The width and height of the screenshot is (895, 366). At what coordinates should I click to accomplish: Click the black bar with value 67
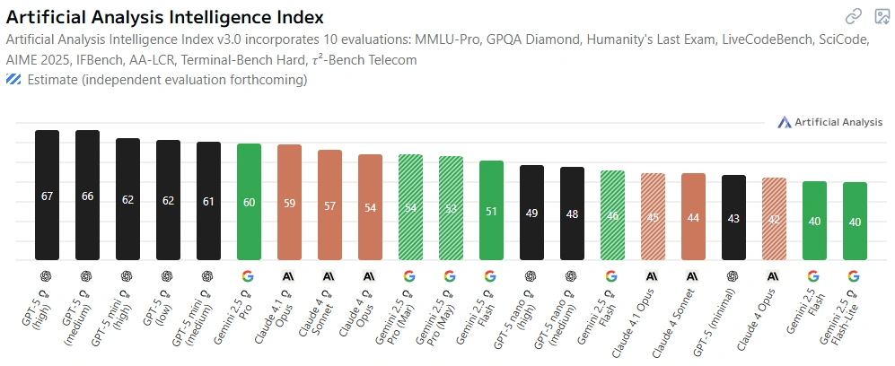point(47,196)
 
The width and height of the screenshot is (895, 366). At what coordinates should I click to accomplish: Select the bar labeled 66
point(87,196)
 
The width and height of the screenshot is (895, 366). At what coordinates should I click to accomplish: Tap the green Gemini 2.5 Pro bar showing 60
point(249,202)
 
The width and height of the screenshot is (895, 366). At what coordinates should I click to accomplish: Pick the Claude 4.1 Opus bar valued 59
point(289,203)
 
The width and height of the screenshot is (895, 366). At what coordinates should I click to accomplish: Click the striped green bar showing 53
point(451,208)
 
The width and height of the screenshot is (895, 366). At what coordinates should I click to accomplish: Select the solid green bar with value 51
point(491,211)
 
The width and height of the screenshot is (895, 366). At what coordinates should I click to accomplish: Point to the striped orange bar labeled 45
point(653,216)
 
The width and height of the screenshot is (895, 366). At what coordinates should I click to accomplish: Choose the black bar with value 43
point(733,217)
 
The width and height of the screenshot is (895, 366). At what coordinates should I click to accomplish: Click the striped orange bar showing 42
point(774,219)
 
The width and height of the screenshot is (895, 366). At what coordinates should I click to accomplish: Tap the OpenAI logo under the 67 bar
point(47,276)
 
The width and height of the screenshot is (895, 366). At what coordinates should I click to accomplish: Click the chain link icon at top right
point(854,15)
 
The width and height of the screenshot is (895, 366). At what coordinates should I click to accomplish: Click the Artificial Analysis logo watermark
point(831,122)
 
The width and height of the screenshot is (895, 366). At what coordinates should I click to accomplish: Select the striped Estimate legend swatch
point(13,80)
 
